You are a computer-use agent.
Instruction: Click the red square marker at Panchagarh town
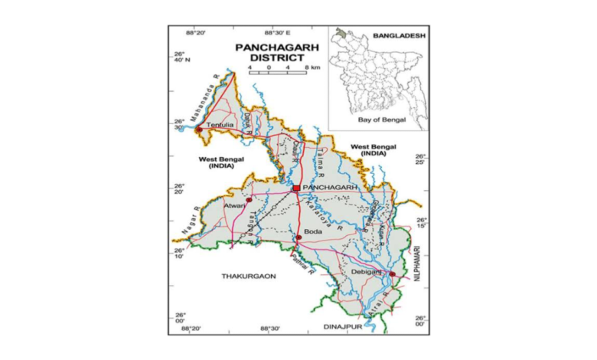295,188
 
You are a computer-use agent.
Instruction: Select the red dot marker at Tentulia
199,129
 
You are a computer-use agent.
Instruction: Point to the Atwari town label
234,207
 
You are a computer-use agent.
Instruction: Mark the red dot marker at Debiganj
392,273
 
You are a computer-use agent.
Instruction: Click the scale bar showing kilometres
279,74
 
